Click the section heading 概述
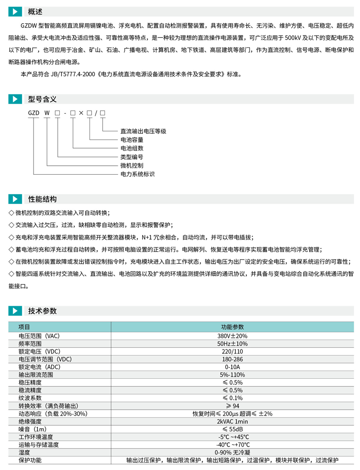35,12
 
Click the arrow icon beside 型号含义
15,99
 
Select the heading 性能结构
42,199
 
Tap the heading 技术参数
42,311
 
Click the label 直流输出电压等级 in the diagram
143,131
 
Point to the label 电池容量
132,140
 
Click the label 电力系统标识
137,174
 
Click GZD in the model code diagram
34,113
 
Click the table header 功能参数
232,327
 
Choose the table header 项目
24,327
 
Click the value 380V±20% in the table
232,336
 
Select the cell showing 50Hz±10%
232,343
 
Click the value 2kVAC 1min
232,421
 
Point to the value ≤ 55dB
232,429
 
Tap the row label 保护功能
30,460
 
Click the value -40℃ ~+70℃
232,445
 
